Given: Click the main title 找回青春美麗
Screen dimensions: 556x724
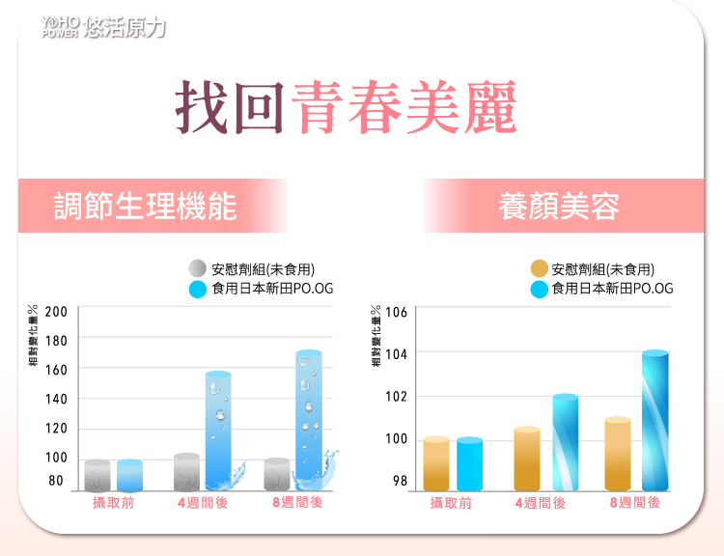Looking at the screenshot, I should point(346,106).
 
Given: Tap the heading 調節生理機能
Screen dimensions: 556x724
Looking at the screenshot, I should point(145,206).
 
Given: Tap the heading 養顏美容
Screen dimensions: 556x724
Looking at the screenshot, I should point(559,206).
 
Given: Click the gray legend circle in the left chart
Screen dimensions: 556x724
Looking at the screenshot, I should point(197,268).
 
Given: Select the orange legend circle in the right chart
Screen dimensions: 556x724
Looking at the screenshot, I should point(540,268).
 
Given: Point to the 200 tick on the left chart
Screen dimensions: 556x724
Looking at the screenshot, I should point(56,312).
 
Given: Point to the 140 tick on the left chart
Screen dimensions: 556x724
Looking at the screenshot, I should point(56,399).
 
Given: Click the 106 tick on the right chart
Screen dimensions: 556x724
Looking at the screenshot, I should point(397,313).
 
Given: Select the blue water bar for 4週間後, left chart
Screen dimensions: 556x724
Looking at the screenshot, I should point(218,430).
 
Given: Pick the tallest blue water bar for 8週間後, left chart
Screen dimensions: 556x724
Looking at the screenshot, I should point(309,420).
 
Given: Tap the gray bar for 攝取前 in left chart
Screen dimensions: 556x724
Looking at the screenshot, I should point(97,475).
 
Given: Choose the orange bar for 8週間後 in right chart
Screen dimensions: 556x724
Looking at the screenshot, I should point(618,454).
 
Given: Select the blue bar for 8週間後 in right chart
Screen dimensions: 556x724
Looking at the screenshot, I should point(655,421).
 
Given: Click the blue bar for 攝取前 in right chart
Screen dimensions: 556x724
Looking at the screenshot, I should point(469,464).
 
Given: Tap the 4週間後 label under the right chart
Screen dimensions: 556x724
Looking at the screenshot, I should point(541,503).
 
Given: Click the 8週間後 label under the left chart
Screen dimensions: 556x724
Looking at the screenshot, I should point(298,503).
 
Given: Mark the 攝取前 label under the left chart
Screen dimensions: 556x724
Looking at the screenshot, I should point(113,503).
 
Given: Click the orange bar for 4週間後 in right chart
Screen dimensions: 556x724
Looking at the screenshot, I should point(527,459).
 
